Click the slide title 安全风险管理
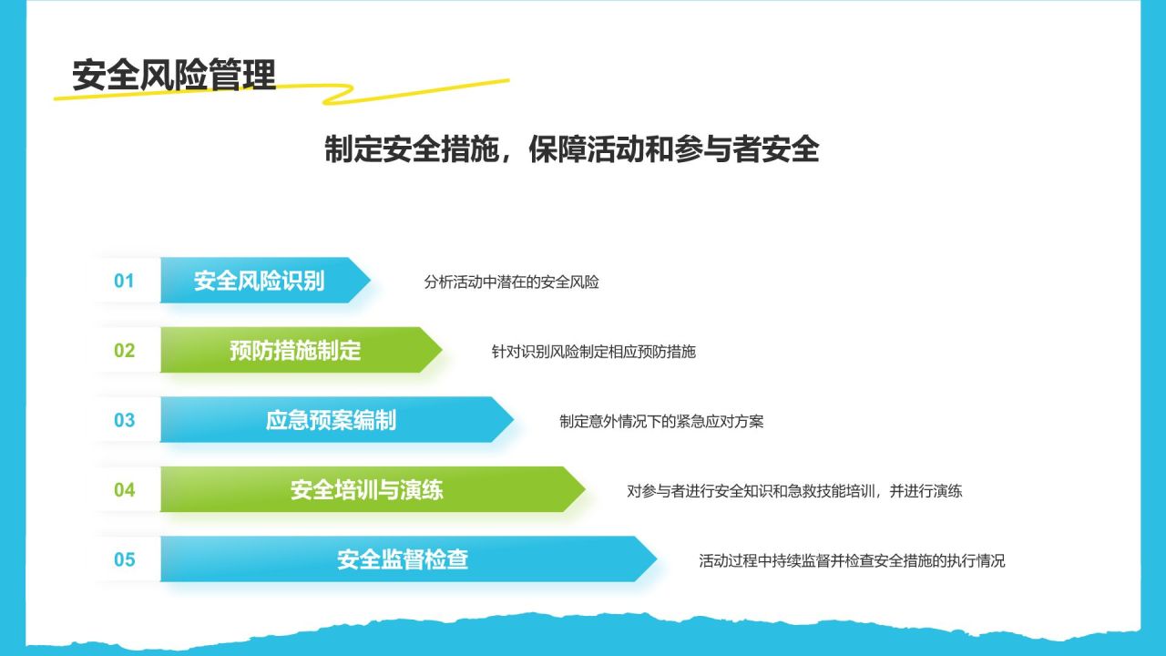click(174, 76)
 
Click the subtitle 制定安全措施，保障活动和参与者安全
click(571, 149)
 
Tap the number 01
click(124, 282)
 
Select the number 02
click(125, 351)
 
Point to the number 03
click(125, 420)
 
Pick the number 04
click(125, 490)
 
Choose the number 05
click(125, 559)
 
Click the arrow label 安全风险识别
click(260, 282)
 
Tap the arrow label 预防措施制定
click(295, 351)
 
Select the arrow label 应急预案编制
click(331, 420)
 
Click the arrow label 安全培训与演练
click(367, 490)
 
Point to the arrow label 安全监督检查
click(403, 559)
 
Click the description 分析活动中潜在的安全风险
click(511, 282)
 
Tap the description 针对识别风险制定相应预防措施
click(593, 352)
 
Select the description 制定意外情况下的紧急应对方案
click(661, 421)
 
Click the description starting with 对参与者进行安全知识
click(794, 491)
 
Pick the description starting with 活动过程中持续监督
click(852, 560)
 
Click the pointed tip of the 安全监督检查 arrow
click(657, 559)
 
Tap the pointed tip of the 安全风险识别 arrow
click(370, 280)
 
